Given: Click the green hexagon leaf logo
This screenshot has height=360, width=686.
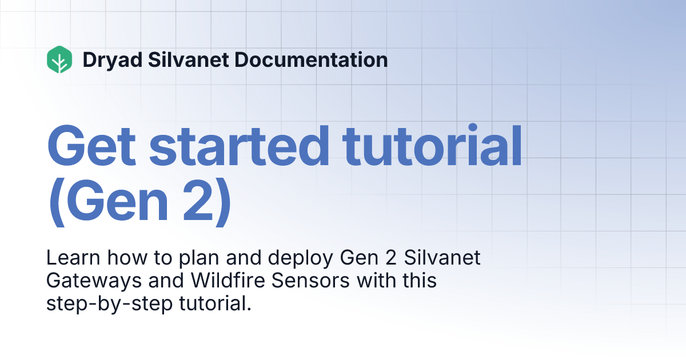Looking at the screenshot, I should (x=59, y=59).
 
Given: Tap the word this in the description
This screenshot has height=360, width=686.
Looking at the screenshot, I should (x=418, y=281).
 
